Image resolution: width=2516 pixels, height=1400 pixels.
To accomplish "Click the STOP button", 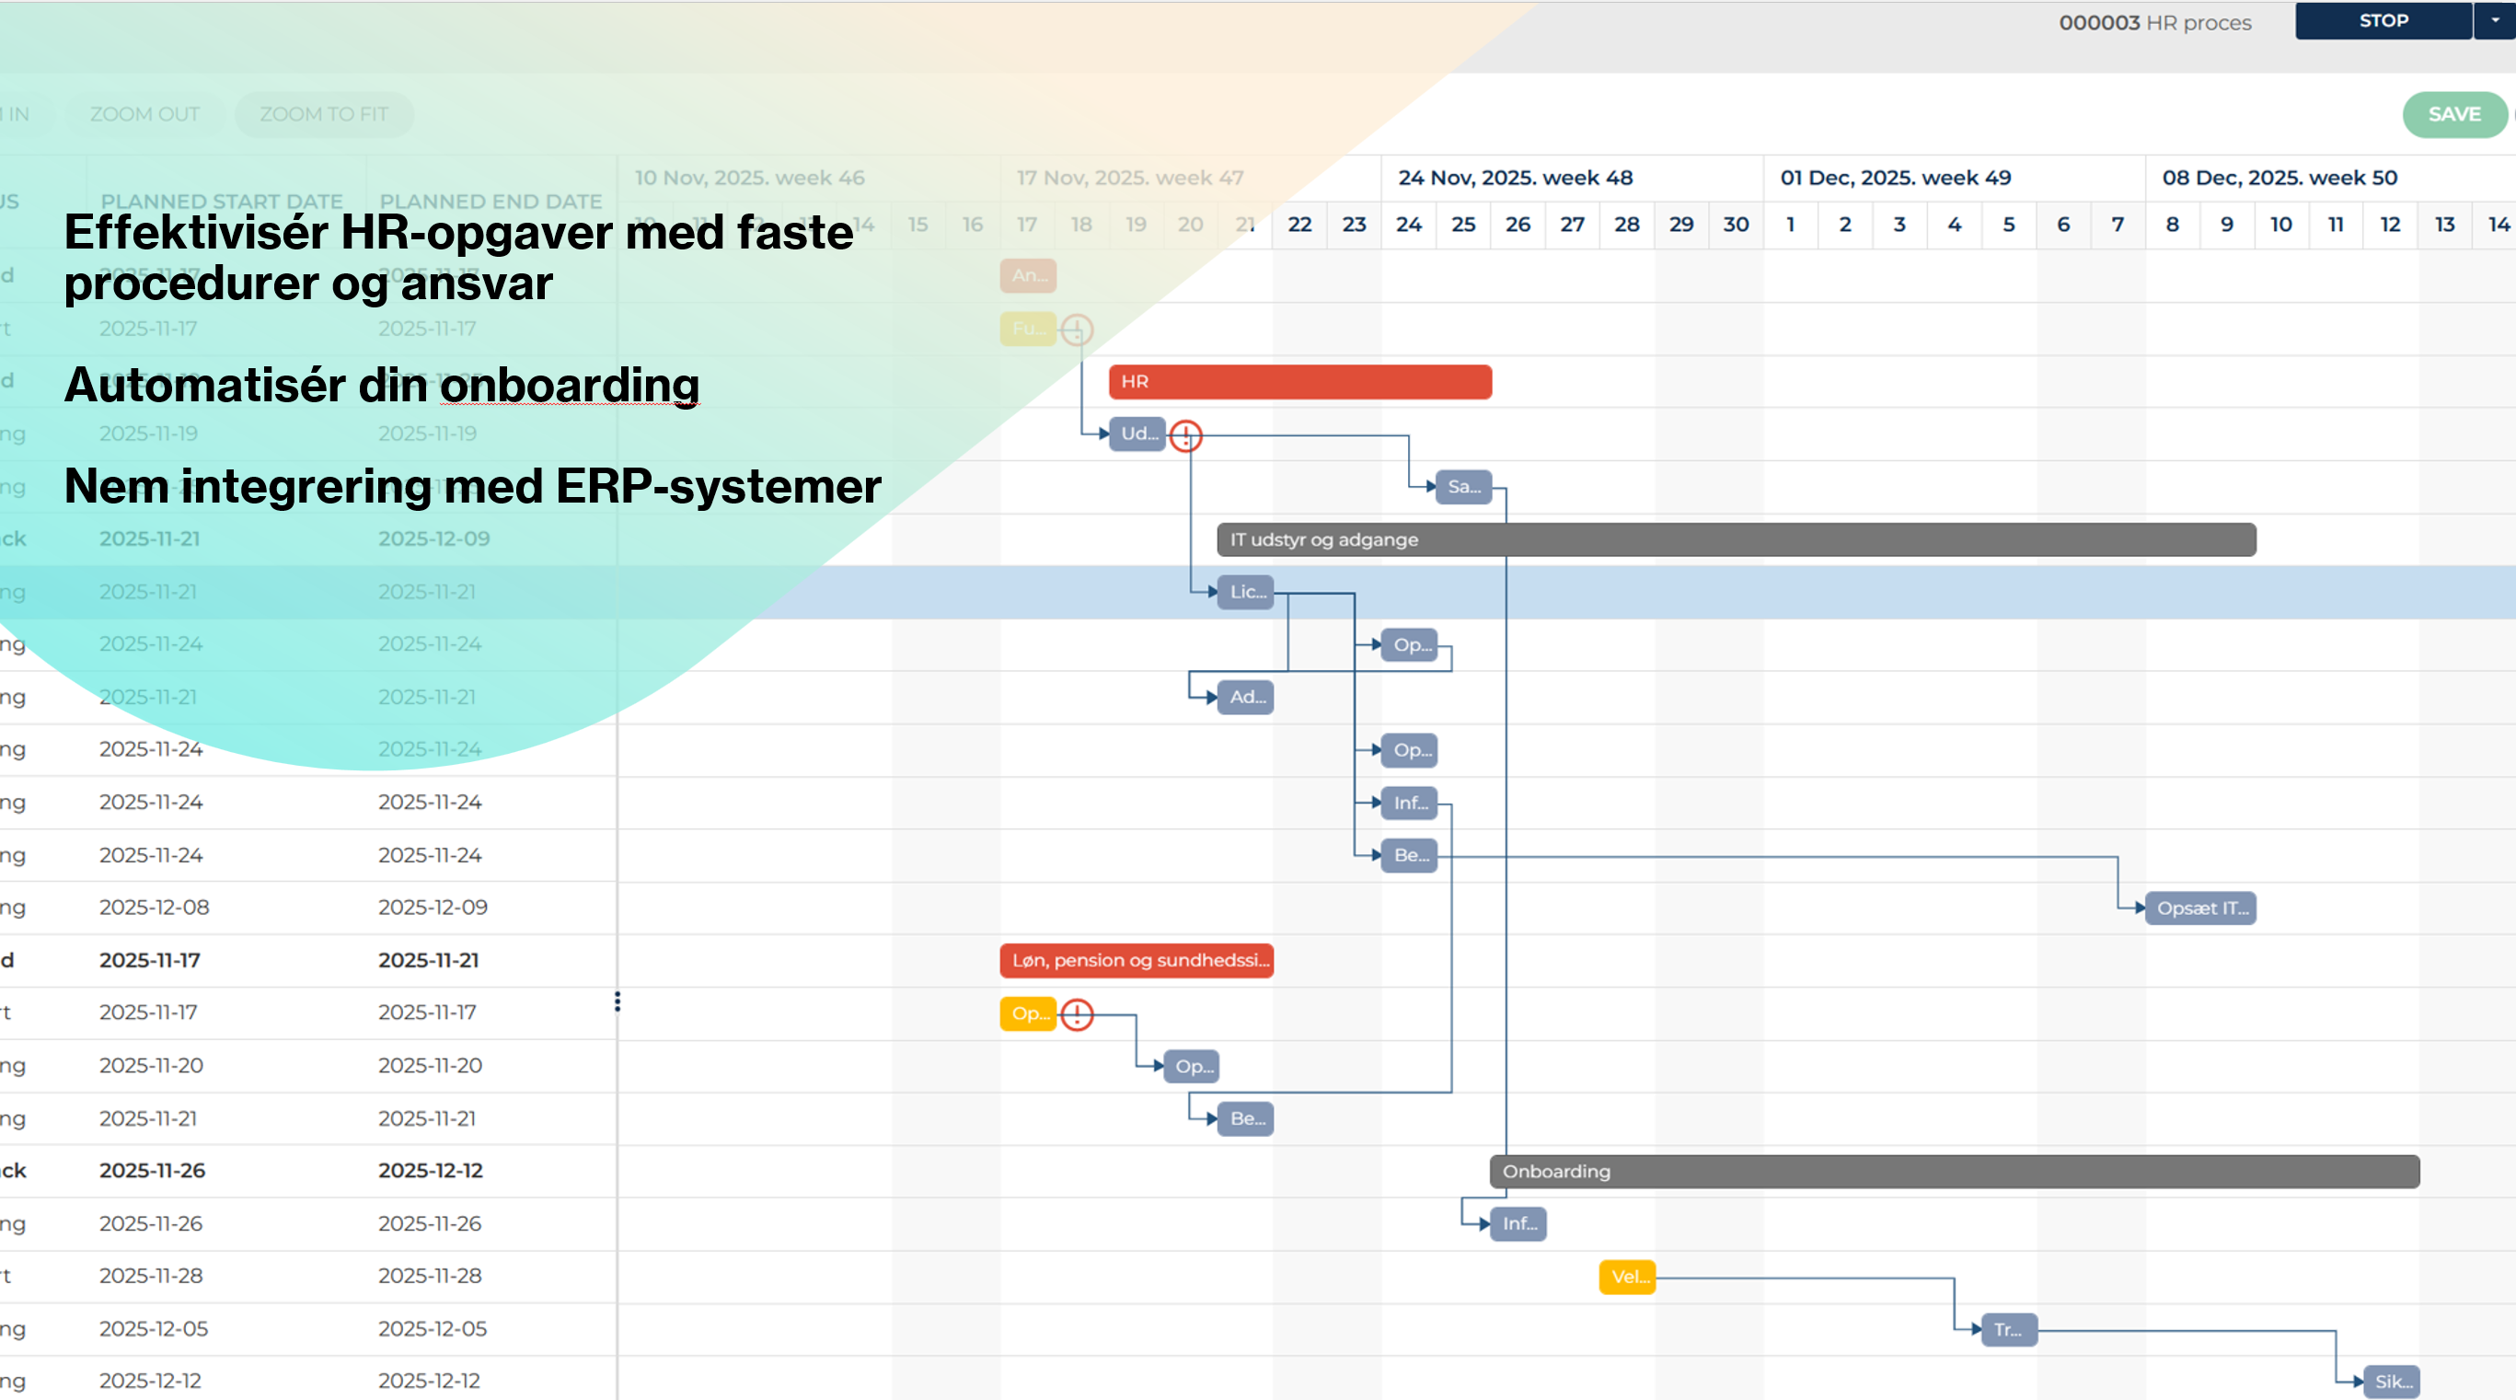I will point(2383,20).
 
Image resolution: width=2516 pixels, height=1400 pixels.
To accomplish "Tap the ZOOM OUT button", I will point(144,114).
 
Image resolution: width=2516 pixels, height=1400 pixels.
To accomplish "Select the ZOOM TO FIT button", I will point(323,114).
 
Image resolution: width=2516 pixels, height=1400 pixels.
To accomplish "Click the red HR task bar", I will point(1299,382).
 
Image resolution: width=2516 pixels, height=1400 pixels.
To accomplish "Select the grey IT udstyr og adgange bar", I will point(1736,539).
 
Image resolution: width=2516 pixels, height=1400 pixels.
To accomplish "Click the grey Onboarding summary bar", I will point(1954,1172).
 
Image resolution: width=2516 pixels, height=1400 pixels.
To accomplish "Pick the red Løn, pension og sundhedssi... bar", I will point(1136,960).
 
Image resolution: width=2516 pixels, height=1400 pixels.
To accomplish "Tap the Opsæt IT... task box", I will point(2200,908).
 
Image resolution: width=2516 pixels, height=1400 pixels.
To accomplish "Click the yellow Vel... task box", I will point(1627,1277).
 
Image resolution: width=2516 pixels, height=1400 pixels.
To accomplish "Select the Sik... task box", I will point(2391,1382).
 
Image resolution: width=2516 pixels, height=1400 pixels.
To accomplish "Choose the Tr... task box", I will point(2008,1330).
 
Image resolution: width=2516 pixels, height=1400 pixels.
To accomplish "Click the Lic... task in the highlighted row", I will point(1246,592).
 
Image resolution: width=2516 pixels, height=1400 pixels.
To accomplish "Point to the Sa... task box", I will point(1463,487).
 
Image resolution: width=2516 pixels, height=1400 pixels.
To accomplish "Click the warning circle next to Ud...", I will point(1185,435).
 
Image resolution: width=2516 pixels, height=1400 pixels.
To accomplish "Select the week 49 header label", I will point(1895,178).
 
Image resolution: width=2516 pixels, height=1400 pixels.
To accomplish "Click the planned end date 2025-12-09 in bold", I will point(433,539).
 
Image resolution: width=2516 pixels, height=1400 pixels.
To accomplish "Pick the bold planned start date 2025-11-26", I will point(153,1171).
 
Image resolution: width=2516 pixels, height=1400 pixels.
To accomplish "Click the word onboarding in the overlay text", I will point(570,385).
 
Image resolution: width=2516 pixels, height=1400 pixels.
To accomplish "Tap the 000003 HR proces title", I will point(2154,22).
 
